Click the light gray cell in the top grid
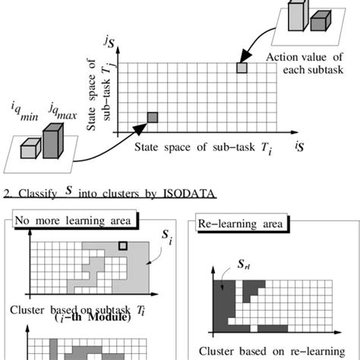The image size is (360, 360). pyautogui.click(x=242, y=68)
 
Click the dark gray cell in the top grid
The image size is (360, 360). pyautogui.click(x=152, y=117)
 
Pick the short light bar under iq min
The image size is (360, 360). pyautogui.click(x=29, y=150)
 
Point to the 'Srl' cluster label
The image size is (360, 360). pyautogui.click(x=225, y=268)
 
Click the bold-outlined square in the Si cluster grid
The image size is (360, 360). pyautogui.click(x=123, y=245)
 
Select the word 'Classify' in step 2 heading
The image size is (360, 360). pyautogui.click(x=36, y=196)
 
